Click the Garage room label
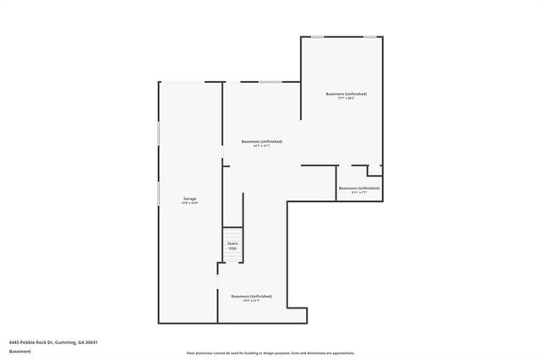[189, 199]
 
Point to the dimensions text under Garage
[189, 203]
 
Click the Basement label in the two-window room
[346, 94]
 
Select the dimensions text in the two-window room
[346, 99]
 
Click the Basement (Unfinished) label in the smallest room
[358, 188]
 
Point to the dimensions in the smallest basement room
[358, 193]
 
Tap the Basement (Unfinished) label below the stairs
[252, 296]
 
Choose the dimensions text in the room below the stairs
[252, 301]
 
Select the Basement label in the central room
[261, 141]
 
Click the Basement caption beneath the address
[20, 350]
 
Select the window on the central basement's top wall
[270, 81]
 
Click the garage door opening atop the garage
[190, 81]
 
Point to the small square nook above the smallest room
[374, 170]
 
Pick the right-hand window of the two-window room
[369, 36]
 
